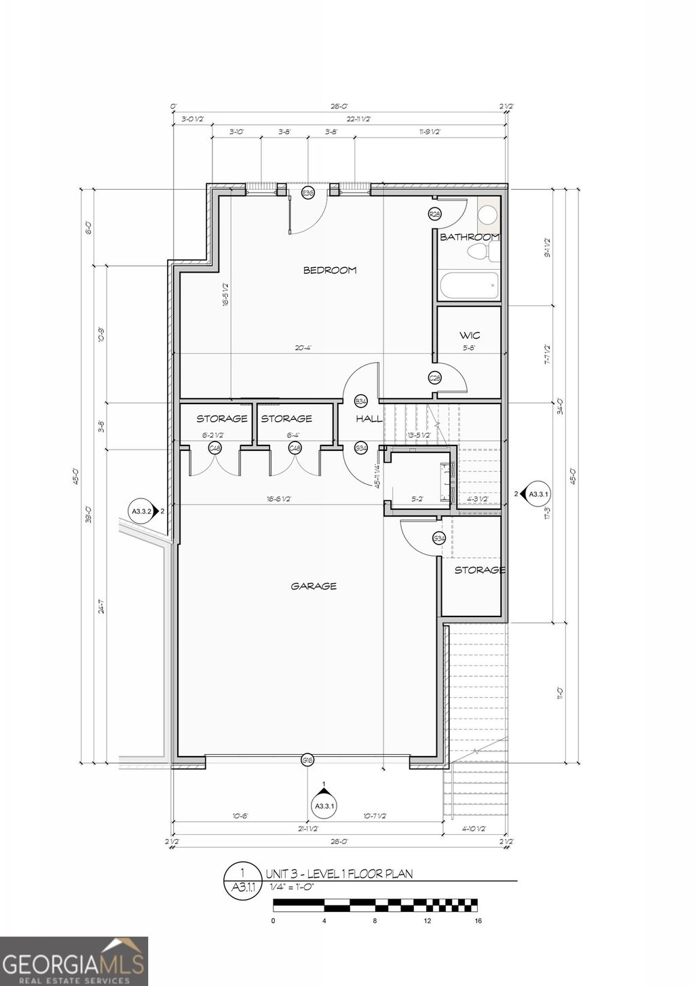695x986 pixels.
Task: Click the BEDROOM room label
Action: coord(329,270)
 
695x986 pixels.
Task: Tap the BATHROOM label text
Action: coord(470,237)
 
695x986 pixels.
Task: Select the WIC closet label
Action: coord(470,335)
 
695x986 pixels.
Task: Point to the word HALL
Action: coord(369,418)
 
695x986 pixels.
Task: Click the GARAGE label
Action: coord(314,586)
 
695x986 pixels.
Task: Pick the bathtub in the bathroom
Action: coord(469,285)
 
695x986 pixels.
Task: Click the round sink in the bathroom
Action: coord(487,215)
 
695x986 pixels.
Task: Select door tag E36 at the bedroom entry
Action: coord(307,193)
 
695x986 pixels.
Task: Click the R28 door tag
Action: coord(434,214)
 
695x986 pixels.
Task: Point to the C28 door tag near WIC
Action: coord(434,378)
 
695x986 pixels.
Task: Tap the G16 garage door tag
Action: coord(307,760)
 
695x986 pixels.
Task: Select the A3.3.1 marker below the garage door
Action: coord(324,805)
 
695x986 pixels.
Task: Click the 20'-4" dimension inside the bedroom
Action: coord(303,348)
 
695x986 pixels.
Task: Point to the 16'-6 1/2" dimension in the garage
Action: coord(278,499)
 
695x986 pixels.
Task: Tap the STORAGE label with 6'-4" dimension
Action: coord(286,418)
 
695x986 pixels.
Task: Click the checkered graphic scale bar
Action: coord(375,905)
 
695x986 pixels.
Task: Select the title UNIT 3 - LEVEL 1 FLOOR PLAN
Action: coord(339,874)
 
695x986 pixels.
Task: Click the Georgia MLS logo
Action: coord(73,961)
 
